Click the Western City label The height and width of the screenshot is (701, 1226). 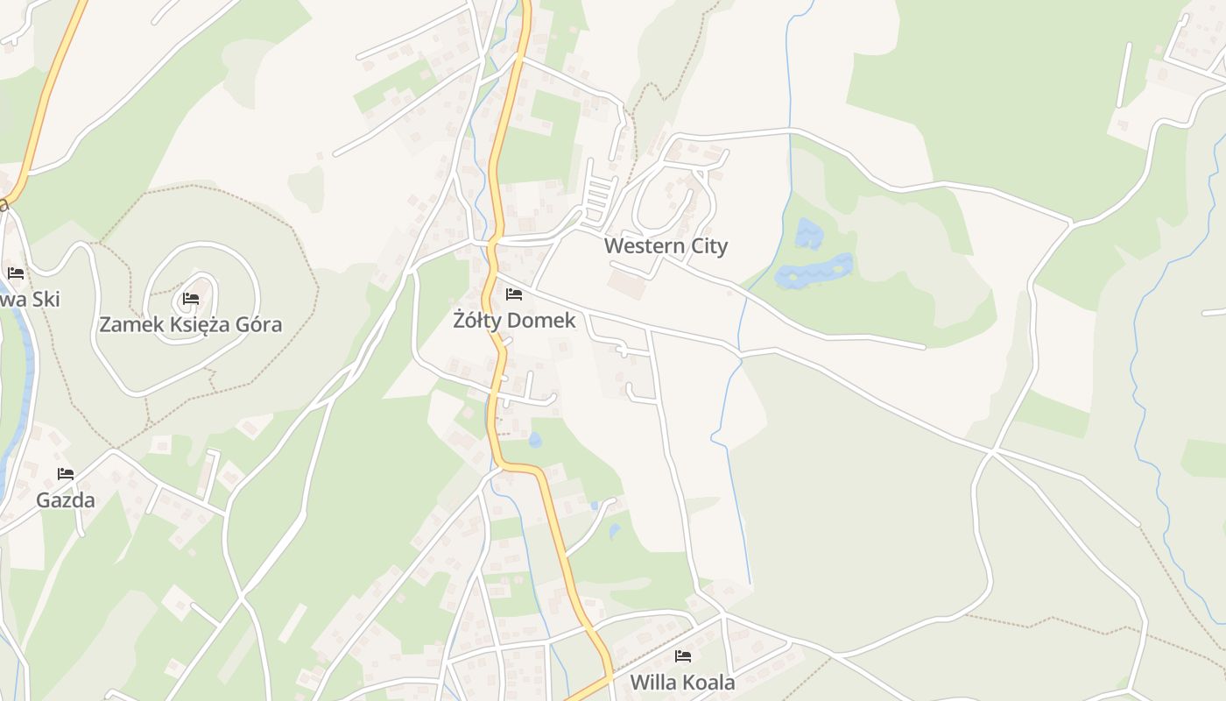[x=666, y=246]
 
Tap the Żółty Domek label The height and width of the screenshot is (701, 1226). [x=515, y=321]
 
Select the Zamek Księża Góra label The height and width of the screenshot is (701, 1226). [x=190, y=325]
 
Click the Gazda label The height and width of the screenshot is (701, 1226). [x=66, y=501]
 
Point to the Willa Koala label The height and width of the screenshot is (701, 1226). [x=682, y=683]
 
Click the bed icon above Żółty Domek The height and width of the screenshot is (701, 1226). [x=514, y=294]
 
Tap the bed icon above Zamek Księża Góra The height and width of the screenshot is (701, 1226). [x=190, y=299]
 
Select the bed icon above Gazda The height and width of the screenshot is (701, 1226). [x=66, y=475]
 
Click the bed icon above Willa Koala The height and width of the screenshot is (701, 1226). [x=683, y=656]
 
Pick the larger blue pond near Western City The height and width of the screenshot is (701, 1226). [x=814, y=272]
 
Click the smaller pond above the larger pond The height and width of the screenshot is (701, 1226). [x=809, y=233]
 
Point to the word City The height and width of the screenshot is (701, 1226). [x=709, y=246]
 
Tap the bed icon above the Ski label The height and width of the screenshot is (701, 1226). [x=16, y=273]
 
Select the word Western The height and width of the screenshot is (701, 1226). [x=645, y=246]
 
